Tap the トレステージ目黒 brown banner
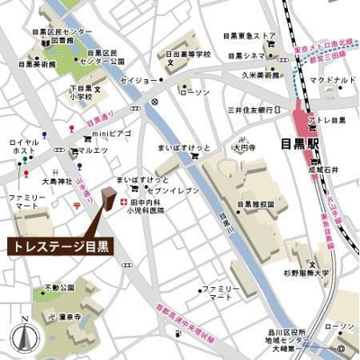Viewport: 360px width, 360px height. click(56, 246)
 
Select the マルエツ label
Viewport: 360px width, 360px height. click(93, 150)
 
